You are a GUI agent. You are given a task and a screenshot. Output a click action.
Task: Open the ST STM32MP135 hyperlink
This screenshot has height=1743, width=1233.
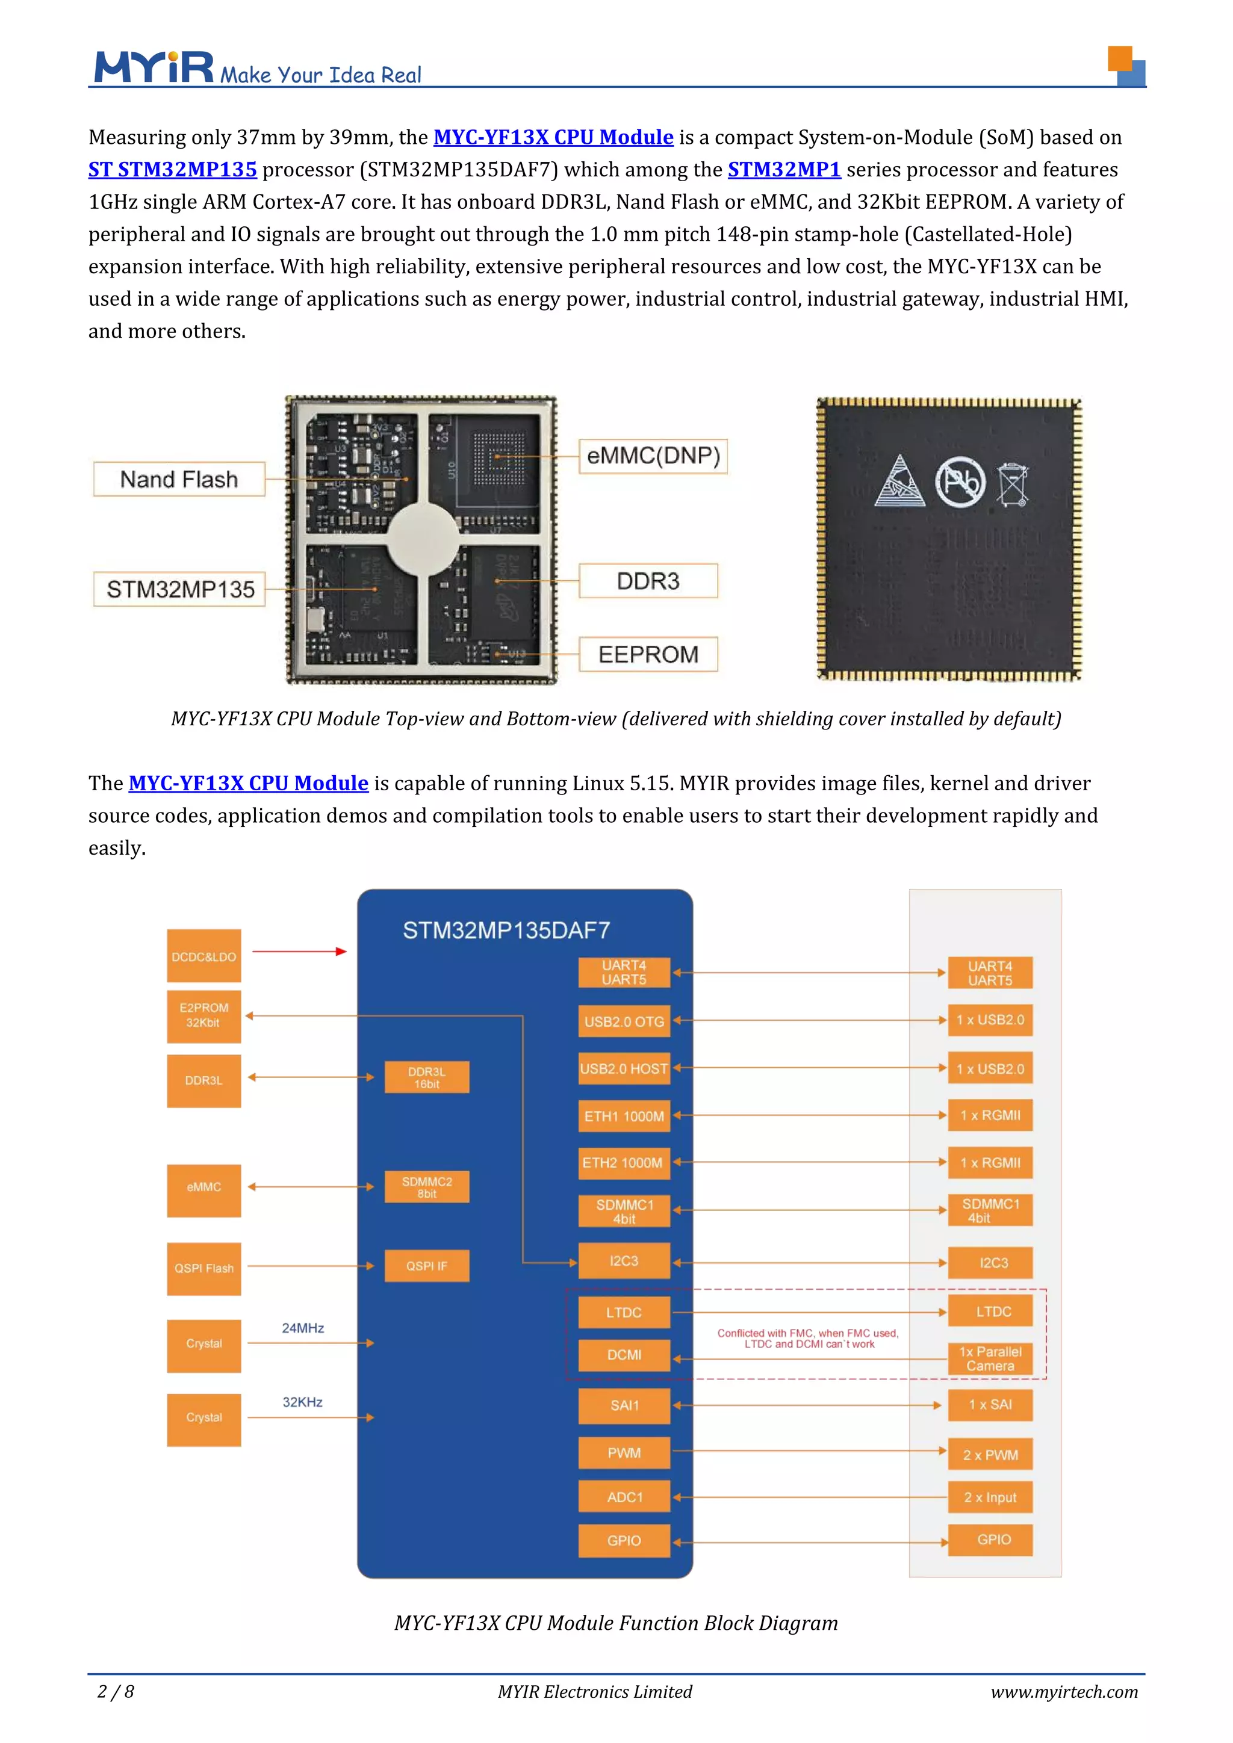[172, 169]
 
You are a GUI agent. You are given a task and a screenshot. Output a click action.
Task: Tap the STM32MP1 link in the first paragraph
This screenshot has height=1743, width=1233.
[783, 169]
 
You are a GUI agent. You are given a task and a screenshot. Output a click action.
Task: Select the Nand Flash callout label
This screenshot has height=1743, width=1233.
[179, 480]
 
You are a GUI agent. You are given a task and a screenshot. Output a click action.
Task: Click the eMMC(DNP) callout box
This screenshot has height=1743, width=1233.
[653, 456]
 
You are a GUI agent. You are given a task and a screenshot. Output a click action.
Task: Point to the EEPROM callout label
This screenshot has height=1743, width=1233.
[648, 654]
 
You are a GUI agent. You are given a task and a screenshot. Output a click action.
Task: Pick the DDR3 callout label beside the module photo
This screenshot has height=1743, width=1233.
[648, 581]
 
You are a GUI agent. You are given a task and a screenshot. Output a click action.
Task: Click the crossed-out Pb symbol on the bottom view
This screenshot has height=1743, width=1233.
[960, 482]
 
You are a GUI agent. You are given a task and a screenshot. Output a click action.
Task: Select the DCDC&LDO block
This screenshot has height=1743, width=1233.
[203, 956]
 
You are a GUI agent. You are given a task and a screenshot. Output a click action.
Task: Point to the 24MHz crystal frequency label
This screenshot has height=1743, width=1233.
[303, 1328]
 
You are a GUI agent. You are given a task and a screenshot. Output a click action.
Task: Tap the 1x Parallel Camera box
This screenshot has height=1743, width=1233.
[990, 1359]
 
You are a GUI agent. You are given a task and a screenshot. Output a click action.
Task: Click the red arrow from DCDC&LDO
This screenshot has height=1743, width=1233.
[299, 951]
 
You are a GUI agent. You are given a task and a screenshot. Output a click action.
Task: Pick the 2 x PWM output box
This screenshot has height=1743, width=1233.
[990, 1455]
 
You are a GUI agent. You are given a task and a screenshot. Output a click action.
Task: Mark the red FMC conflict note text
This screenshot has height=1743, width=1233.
[808, 1339]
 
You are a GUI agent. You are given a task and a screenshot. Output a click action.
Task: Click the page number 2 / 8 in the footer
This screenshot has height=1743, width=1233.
[116, 1692]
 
